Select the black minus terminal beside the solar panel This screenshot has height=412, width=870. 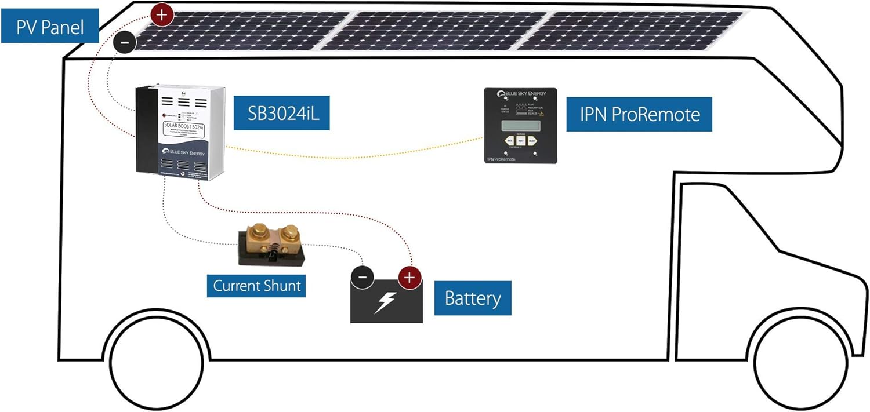point(125,42)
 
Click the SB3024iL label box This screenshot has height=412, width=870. point(281,112)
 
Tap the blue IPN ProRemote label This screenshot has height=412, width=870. point(639,114)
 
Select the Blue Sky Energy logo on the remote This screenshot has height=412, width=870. point(520,94)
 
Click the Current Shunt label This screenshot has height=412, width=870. point(256,285)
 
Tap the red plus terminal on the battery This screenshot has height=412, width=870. point(409,278)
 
